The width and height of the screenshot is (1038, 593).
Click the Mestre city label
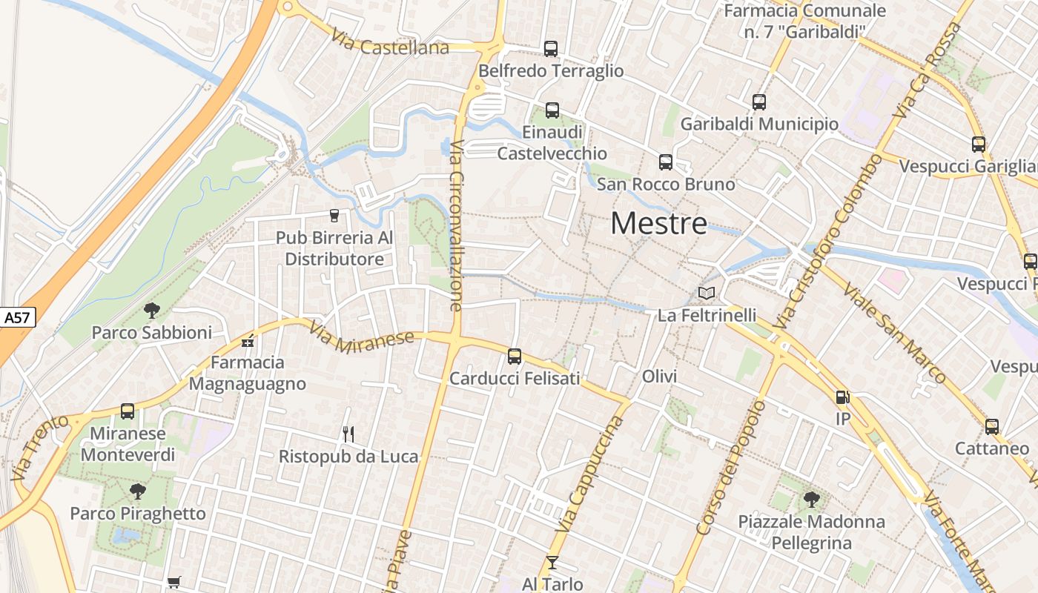pos(658,223)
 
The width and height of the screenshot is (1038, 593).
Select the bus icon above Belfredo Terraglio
pos(550,49)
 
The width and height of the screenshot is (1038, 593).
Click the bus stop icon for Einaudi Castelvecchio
pos(552,110)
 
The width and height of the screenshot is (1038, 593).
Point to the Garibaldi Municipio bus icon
pos(758,102)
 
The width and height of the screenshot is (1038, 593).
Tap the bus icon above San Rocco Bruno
pos(665,162)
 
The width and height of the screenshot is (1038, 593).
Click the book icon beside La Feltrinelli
pos(707,294)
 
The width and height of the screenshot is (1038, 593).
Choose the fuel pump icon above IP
pos(842,397)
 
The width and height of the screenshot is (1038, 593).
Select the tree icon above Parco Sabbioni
pos(151,310)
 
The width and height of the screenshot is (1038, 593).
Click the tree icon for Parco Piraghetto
pos(137,491)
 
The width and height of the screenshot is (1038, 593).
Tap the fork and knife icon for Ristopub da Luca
pos(348,434)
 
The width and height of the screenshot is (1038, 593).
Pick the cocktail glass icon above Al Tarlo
pos(552,563)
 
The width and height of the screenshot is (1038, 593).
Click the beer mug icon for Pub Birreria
pos(334,216)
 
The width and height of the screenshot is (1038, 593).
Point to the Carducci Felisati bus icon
pos(514,357)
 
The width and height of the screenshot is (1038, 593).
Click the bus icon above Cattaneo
pos(991,427)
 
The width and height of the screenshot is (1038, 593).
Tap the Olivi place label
pos(659,377)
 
